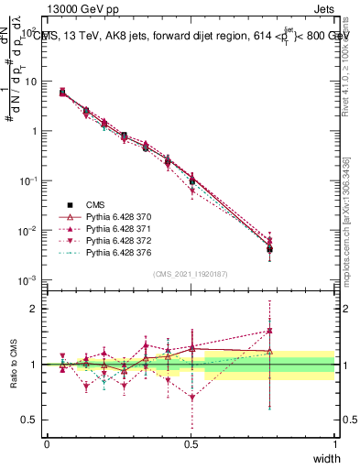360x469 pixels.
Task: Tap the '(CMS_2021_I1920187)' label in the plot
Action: (x=191, y=273)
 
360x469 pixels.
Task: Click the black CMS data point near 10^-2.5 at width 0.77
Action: (x=268, y=249)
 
